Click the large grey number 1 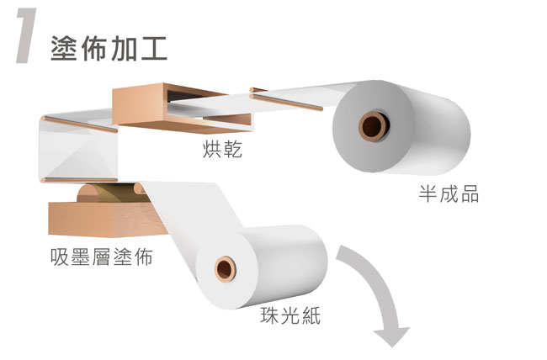[27, 36]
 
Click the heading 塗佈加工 [109, 48]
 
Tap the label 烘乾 [222, 150]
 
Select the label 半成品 [449, 193]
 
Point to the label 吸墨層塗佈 [102, 257]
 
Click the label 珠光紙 [290, 315]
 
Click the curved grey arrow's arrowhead [392, 336]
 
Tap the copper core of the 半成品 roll [374, 126]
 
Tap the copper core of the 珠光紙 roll [225, 268]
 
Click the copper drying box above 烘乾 [182, 109]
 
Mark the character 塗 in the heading [63, 49]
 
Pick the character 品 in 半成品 [470, 194]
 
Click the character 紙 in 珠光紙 [311, 315]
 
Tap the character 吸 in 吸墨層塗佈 [59, 257]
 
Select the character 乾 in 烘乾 [232, 150]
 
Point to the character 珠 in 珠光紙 [269, 315]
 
